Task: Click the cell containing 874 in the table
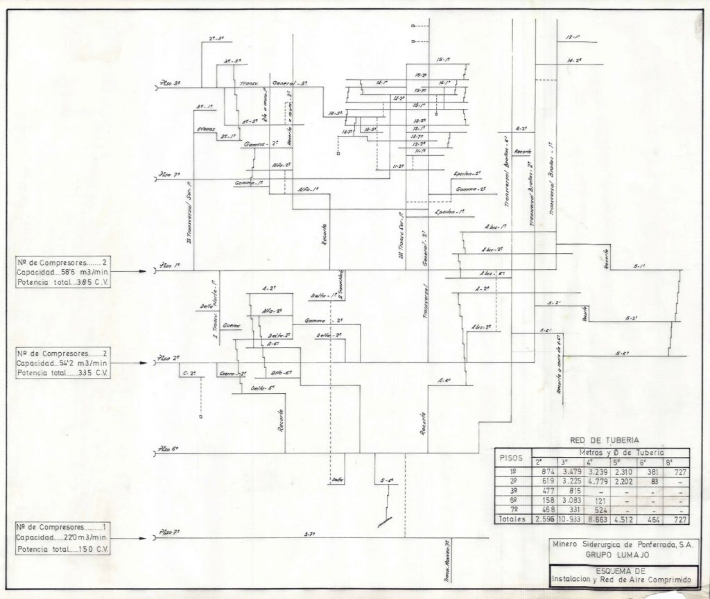pos(542,471)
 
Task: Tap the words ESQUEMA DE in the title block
pos(619,570)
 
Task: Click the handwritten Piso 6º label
pos(170,450)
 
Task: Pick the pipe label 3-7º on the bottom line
pos(310,534)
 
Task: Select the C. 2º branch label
pos(189,374)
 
